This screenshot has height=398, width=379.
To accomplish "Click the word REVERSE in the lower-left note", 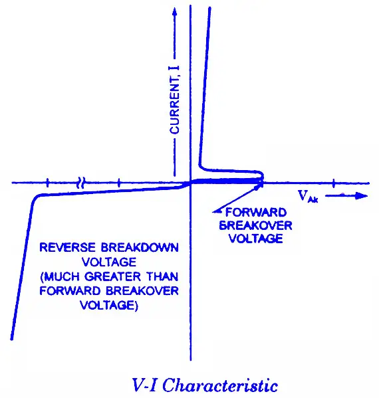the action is (x=67, y=247).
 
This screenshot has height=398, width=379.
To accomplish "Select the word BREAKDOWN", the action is (x=140, y=247).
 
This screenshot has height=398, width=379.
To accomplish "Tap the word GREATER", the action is (x=112, y=276).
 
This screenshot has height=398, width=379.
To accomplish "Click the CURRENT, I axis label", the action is (x=175, y=100).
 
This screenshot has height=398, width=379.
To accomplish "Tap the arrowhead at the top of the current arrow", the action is (x=174, y=11).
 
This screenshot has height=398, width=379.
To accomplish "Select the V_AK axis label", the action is (x=308, y=196).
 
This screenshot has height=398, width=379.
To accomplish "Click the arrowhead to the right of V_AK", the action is (x=362, y=196).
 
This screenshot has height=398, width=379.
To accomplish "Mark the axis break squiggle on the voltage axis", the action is (x=80, y=183).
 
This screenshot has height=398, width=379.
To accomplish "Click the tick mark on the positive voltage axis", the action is (x=334, y=183).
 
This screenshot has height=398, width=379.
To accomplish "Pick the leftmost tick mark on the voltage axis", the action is (x=47, y=183).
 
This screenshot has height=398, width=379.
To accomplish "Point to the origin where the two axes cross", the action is (x=191, y=183).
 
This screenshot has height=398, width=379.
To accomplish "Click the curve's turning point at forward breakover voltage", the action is (x=263, y=177).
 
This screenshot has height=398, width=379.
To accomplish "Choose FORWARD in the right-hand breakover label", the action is (x=256, y=213).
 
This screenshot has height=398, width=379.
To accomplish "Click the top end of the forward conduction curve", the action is (x=210, y=9).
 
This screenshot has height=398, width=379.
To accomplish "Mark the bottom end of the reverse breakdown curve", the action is (x=12, y=338).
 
